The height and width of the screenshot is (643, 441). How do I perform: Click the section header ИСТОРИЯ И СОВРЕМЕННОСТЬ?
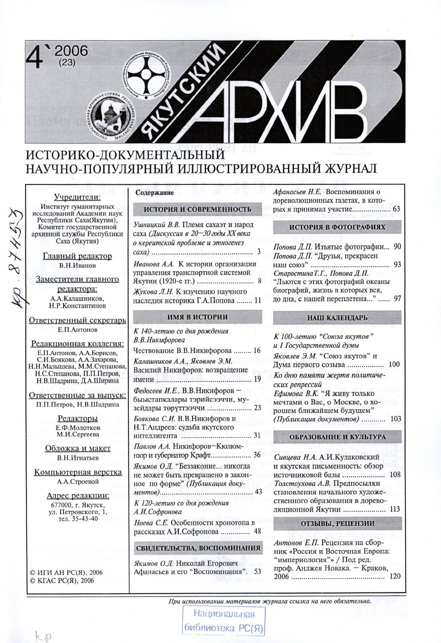click(x=197, y=210)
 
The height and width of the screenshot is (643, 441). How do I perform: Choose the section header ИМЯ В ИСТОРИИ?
click(x=197, y=317)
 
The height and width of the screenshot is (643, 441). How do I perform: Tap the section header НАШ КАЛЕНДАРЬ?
click(x=337, y=318)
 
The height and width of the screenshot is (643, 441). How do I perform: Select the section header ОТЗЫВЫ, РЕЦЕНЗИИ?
click(x=337, y=523)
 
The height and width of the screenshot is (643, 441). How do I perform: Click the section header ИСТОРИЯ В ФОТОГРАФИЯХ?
click(x=337, y=227)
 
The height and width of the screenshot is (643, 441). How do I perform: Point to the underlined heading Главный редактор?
click(x=77, y=256)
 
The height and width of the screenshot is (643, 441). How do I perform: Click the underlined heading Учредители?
click(x=77, y=197)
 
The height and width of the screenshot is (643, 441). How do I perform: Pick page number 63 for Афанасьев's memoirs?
click(x=396, y=209)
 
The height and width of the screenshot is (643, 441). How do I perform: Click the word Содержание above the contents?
click(x=155, y=193)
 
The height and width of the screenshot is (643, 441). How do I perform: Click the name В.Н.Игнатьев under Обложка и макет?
click(x=77, y=458)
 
